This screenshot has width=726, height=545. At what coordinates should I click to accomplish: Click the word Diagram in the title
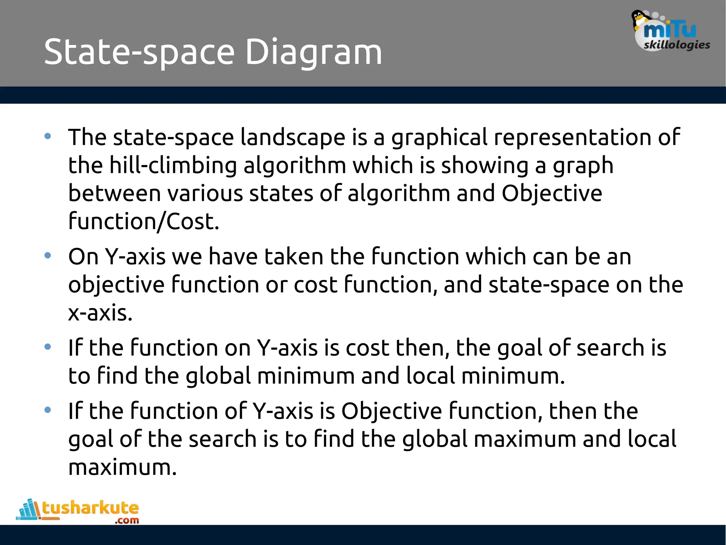tap(313, 53)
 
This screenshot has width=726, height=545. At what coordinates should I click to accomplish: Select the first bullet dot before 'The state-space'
tap(48, 136)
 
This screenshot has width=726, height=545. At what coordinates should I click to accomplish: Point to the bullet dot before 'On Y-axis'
tap(48, 255)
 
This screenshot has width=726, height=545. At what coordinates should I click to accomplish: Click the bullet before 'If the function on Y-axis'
tap(48, 347)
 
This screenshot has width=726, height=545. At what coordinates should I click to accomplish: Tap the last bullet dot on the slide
tap(48, 410)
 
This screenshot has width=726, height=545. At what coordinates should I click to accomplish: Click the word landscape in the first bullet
tap(293, 137)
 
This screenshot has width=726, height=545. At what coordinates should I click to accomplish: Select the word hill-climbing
tap(173, 166)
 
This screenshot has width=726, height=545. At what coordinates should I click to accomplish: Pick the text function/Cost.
tap(144, 222)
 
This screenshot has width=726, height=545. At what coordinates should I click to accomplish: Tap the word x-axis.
tap(100, 313)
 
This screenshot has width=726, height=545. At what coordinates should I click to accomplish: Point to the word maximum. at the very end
tap(122, 467)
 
